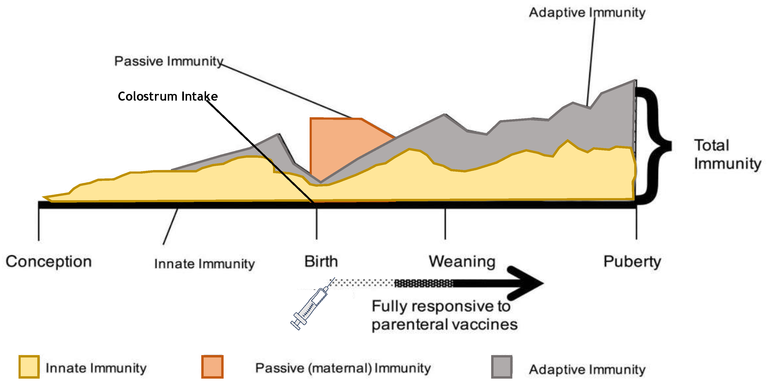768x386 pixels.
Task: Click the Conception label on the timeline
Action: [x=49, y=262]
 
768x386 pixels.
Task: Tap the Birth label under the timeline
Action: [x=321, y=261]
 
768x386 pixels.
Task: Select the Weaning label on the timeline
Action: [x=462, y=261]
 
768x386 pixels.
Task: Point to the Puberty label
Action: [x=632, y=262]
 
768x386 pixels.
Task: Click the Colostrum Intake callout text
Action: [x=168, y=96]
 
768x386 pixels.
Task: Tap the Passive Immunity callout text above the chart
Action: [x=169, y=61]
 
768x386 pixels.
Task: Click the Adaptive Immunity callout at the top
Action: [x=587, y=13]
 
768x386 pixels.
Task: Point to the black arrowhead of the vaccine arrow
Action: [x=526, y=283]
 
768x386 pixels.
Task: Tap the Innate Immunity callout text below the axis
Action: [x=205, y=264]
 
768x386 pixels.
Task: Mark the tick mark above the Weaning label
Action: [x=445, y=224]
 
